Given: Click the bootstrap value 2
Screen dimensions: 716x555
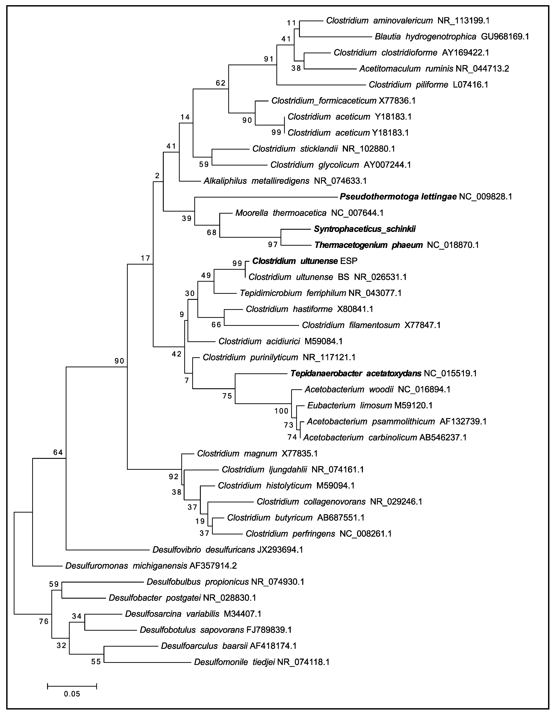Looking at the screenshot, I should [x=157, y=176].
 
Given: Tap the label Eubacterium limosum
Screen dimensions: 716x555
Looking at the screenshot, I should [x=349, y=406].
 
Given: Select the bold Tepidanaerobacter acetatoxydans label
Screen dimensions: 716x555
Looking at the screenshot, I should [x=356, y=373].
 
